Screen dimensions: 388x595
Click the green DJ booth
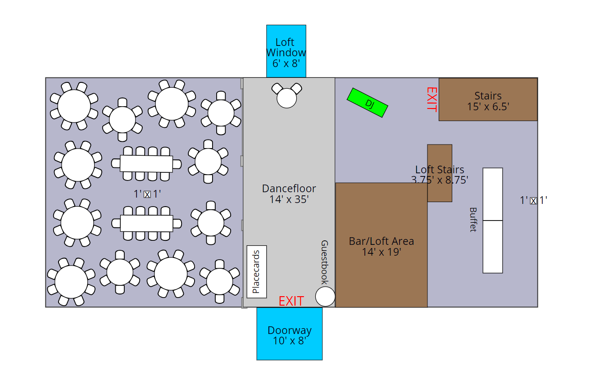(367, 103)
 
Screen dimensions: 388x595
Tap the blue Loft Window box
(286, 51)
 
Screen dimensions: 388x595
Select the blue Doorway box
(290, 334)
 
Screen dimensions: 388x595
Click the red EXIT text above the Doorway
(291, 301)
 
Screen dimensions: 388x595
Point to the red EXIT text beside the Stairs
(431, 99)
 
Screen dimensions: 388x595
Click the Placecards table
(257, 271)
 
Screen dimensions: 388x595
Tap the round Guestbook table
(325, 297)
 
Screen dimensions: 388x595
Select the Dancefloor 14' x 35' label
(289, 194)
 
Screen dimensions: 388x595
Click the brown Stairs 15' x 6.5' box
(488, 99)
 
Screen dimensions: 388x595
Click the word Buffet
(473, 219)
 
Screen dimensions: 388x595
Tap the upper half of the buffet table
(493, 194)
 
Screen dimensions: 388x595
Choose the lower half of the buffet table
(493, 247)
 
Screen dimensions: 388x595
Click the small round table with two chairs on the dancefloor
(287, 98)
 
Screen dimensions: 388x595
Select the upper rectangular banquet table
(146, 163)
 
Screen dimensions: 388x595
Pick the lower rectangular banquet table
(146, 223)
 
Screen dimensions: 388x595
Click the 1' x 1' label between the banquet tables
(147, 194)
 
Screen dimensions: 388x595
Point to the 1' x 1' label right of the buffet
(533, 200)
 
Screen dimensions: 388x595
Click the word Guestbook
(324, 262)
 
